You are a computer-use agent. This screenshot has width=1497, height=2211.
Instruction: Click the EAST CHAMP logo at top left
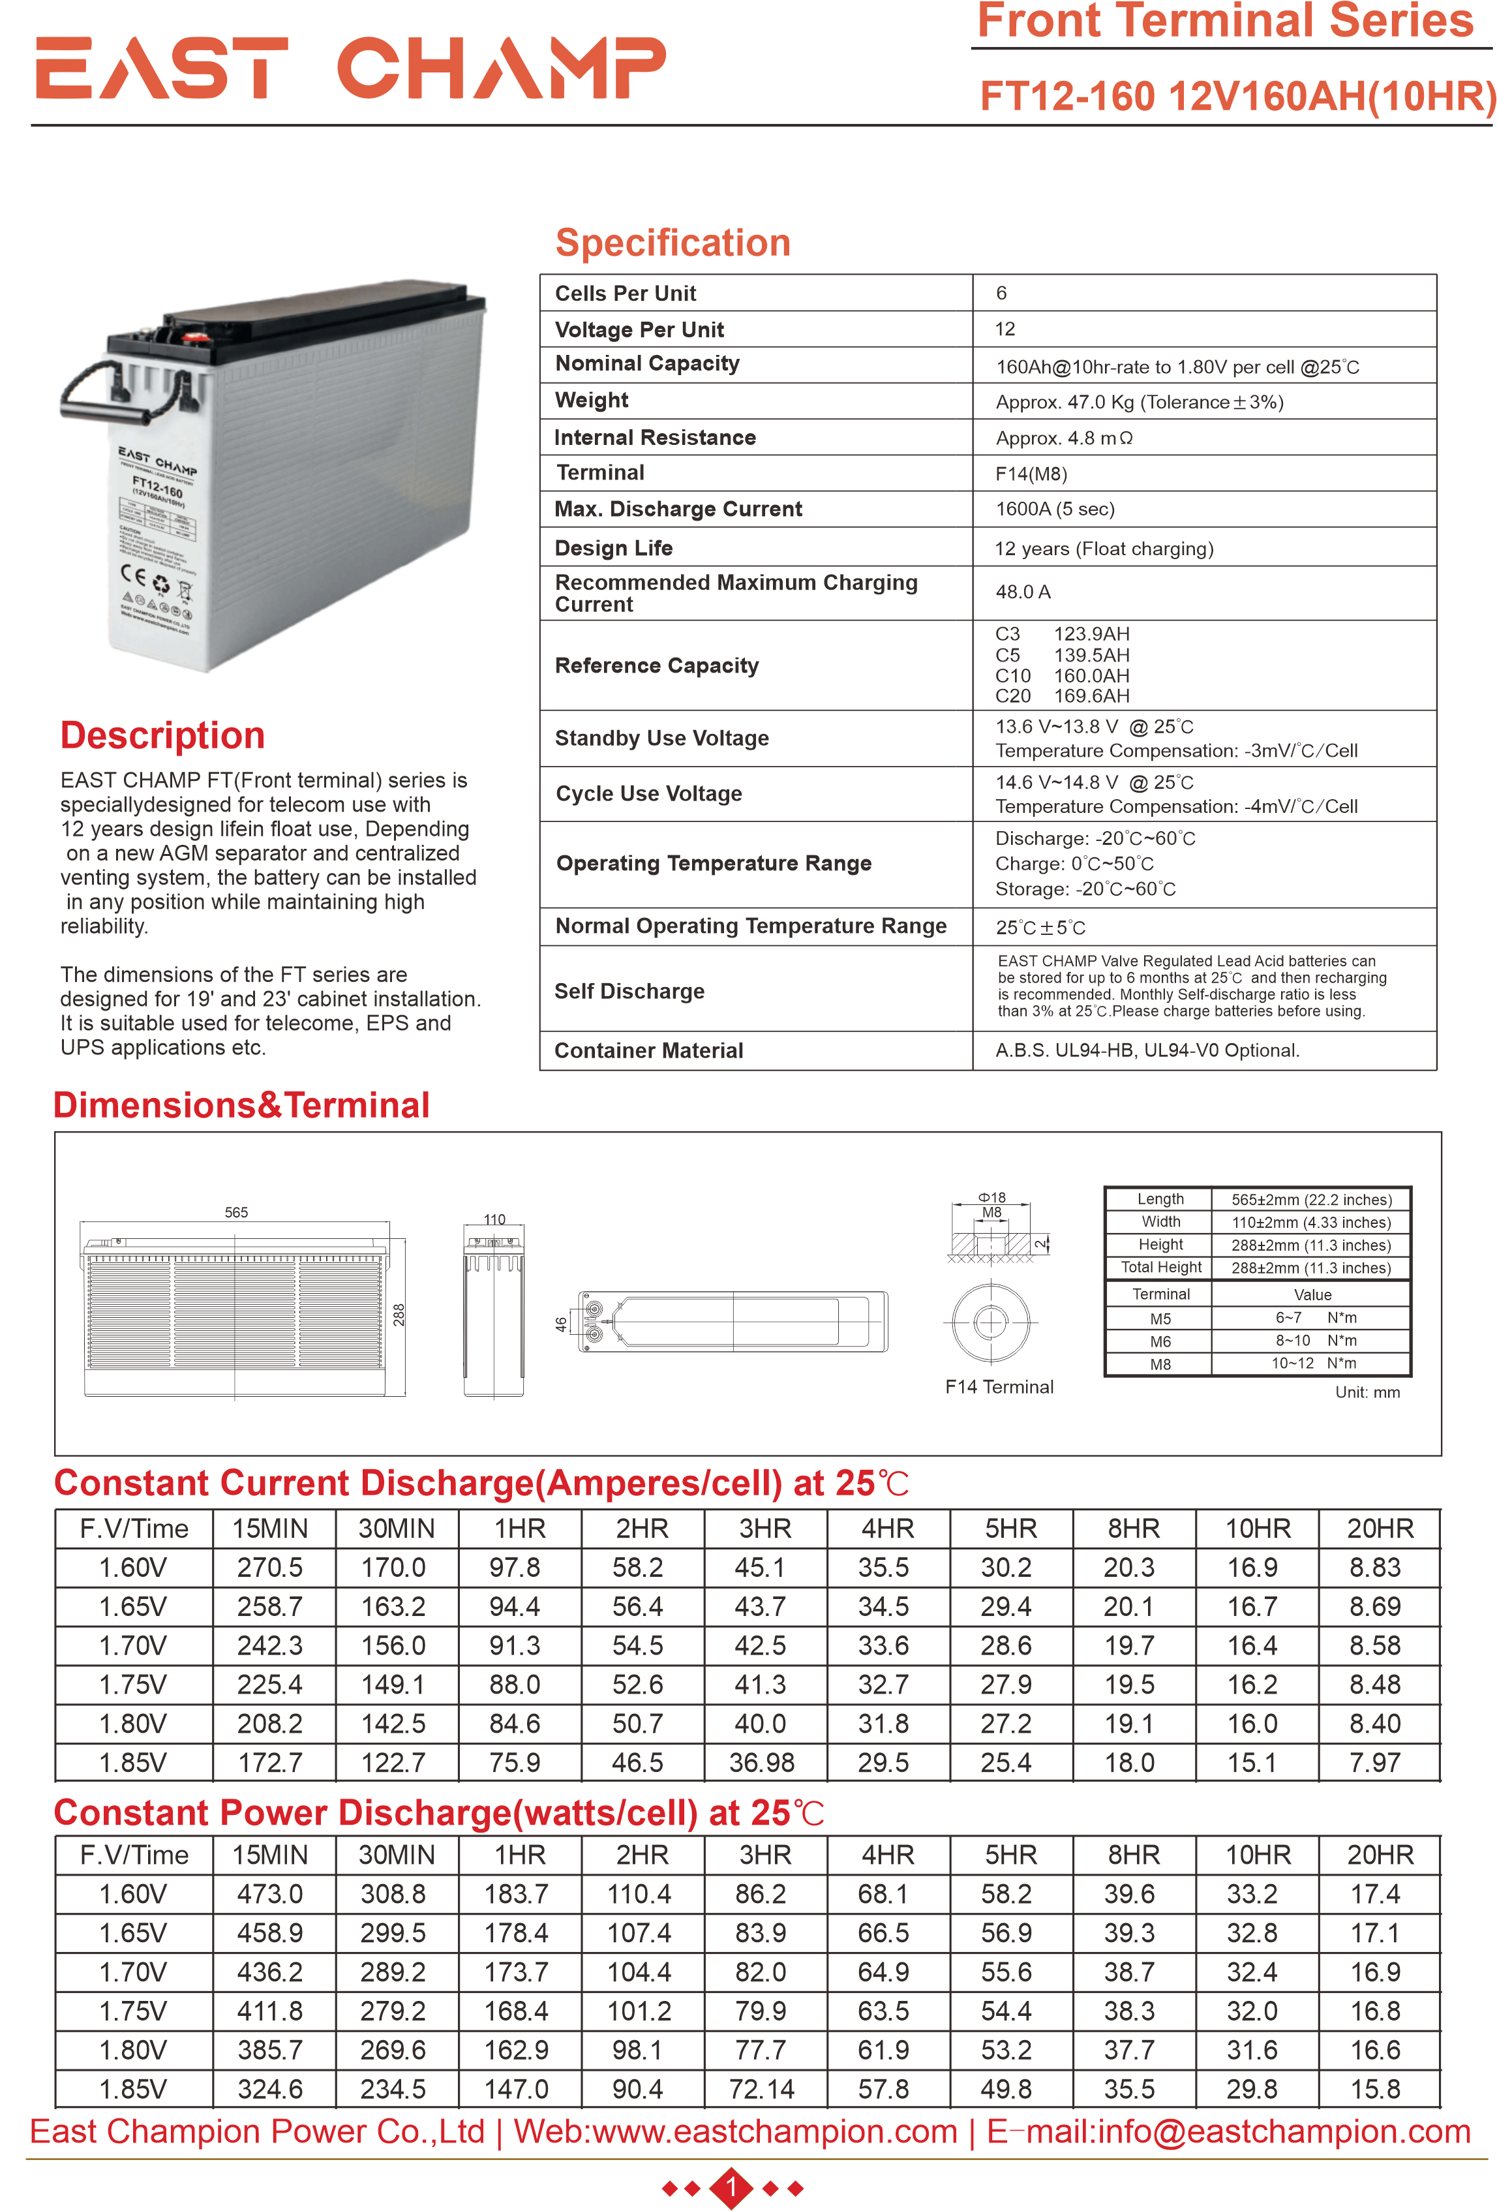tap(350, 68)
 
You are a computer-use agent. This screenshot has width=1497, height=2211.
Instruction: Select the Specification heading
tap(673, 243)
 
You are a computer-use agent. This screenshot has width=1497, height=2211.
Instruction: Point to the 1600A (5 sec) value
tap(1054, 509)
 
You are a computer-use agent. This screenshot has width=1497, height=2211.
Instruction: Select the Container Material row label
tap(648, 1050)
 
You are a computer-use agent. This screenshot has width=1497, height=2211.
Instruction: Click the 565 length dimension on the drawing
tap(236, 1212)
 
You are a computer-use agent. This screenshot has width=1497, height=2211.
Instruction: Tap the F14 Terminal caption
tap(999, 1387)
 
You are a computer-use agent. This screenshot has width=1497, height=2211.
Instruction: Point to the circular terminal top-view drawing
tap(990, 1322)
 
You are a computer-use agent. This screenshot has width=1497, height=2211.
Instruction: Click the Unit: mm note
tap(1367, 1392)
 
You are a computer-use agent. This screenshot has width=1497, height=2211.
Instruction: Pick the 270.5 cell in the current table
tap(270, 1567)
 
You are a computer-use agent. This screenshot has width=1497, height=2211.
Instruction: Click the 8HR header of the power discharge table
tap(1133, 1854)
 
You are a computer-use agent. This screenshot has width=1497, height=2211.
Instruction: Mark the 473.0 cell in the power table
tap(270, 1893)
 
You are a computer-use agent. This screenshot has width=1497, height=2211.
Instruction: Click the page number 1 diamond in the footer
tap(731, 2188)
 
